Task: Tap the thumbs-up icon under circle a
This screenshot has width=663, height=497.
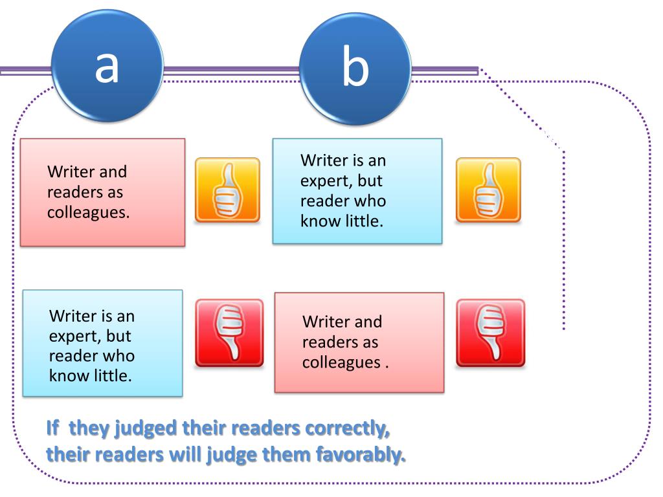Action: [227, 190]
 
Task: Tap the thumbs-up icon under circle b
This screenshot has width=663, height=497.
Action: [488, 190]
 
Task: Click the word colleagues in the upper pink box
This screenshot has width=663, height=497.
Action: [87, 212]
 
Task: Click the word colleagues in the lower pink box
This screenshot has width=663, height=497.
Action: [341, 362]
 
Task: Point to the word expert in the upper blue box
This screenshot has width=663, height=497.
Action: [322, 180]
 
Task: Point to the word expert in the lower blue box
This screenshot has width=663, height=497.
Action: [71, 337]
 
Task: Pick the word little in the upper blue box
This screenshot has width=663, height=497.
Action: [361, 221]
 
